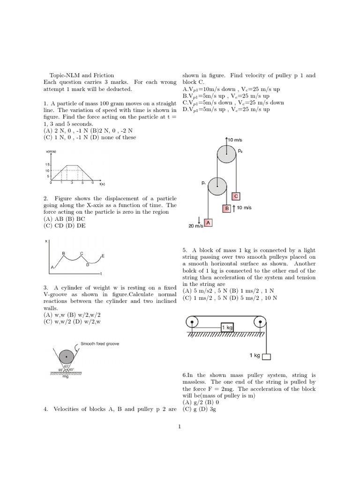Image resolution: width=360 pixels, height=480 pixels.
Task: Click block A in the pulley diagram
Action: (x=208, y=223)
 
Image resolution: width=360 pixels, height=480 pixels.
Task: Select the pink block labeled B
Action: (x=227, y=208)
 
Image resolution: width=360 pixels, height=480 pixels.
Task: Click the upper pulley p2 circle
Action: (x=226, y=154)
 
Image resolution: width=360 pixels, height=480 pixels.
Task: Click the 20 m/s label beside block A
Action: (x=195, y=225)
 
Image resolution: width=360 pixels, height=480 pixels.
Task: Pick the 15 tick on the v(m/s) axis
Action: (x=48, y=165)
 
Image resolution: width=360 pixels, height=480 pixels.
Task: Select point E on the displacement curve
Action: (x=103, y=256)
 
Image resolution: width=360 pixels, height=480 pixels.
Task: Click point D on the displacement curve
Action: (x=87, y=264)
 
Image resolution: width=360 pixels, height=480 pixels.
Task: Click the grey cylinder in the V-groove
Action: (x=67, y=356)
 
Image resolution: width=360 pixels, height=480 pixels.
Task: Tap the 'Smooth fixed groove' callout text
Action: (x=99, y=344)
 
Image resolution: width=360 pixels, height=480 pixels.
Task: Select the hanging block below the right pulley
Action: (x=266, y=357)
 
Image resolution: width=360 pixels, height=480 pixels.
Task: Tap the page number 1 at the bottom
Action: (x=180, y=427)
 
